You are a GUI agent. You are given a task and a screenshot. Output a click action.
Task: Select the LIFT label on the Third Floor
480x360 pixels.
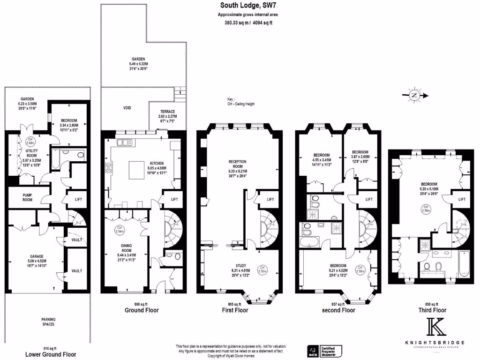click(x=462, y=199)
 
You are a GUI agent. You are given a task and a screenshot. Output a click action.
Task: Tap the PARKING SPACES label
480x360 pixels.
click(x=48, y=322)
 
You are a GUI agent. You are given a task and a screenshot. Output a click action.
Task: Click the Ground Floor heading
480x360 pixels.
click(x=142, y=310)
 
